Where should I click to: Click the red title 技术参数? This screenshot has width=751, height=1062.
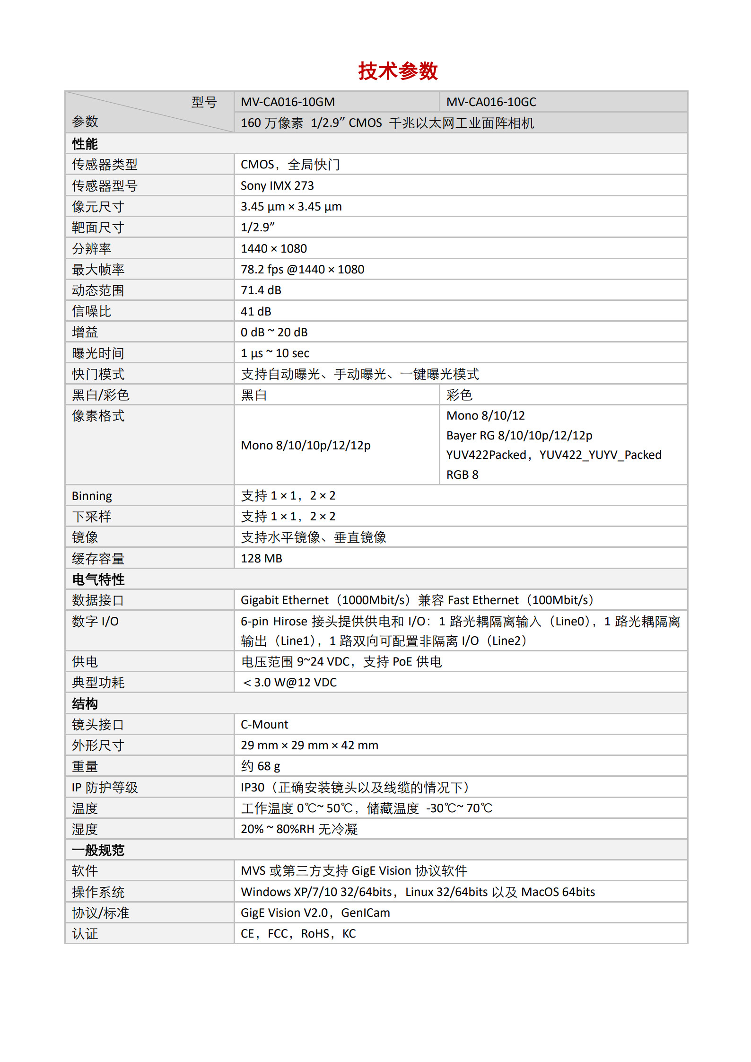click(x=398, y=71)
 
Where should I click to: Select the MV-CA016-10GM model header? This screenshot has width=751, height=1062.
click(x=288, y=102)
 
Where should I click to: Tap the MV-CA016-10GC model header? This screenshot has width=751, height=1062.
click(x=491, y=102)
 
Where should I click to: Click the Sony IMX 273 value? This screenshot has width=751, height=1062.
click(x=277, y=185)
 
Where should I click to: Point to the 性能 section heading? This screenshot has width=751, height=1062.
click(x=85, y=144)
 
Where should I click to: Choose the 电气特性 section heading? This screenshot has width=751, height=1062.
click(x=98, y=579)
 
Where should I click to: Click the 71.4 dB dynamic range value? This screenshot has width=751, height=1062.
click(x=261, y=290)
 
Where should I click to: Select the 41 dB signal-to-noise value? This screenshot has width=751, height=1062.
click(x=256, y=311)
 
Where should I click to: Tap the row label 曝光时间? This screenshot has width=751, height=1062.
click(x=98, y=353)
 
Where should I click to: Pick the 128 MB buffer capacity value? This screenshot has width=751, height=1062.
click(x=262, y=558)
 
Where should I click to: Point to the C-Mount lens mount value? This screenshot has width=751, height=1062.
click(x=264, y=724)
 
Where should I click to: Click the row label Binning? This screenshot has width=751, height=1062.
click(x=92, y=496)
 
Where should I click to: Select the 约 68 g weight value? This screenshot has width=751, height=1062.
click(x=261, y=766)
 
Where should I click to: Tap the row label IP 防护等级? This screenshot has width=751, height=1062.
click(x=105, y=787)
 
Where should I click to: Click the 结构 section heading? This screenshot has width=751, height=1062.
click(x=85, y=704)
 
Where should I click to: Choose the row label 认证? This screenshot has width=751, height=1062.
click(x=85, y=933)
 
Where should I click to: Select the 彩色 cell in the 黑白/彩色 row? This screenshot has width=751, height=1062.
click(x=459, y=395)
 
